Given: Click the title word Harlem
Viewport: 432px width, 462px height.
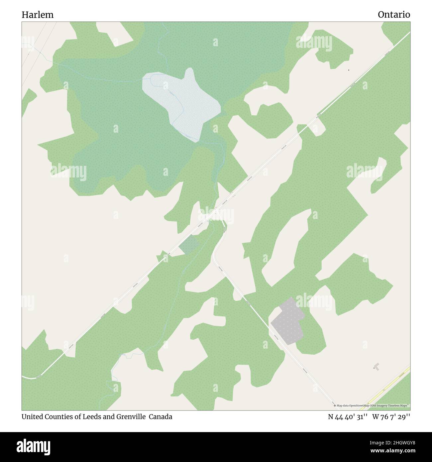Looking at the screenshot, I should coord(38,15).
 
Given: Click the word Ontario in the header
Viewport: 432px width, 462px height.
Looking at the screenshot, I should coord(394,15).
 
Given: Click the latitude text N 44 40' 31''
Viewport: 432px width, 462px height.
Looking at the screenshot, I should coord(347,416).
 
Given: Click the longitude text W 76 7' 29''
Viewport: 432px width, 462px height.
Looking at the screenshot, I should coord(391,416).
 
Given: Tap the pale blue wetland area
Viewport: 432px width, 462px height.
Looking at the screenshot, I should coord(183,103).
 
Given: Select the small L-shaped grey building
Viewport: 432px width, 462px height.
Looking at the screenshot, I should coord(376,366).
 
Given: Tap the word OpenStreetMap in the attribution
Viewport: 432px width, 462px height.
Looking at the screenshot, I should coord(357,405).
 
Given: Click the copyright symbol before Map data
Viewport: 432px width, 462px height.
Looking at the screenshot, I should coord(335,405).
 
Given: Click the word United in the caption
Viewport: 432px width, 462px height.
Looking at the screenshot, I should coord(32,416).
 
